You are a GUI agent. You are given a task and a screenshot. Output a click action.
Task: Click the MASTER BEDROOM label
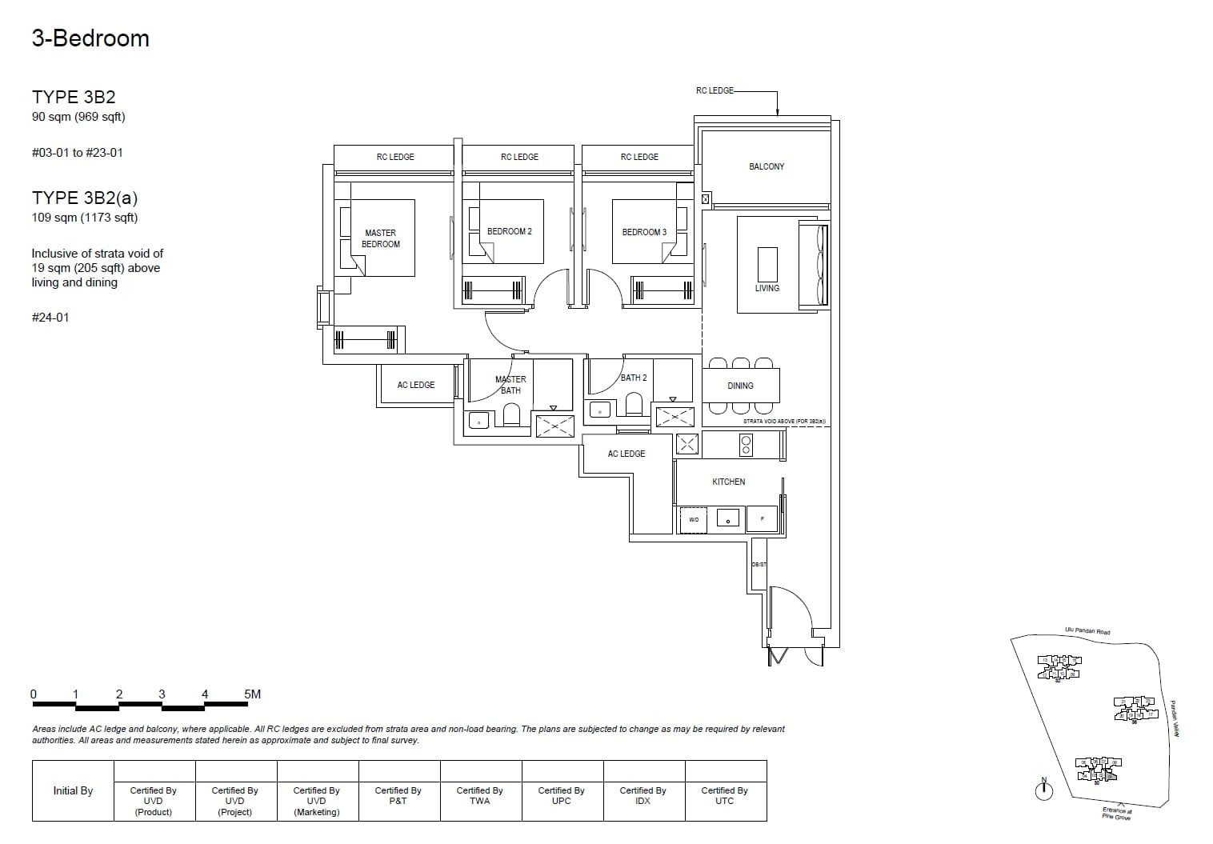(x=381, y=238)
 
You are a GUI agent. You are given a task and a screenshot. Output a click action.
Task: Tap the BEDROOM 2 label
(x=510, y=231)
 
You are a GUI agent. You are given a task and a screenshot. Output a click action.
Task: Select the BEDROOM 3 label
(x=644, y=232)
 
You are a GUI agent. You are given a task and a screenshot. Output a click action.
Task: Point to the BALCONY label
(x=767, y=166)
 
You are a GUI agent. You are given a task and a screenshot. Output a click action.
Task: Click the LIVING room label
(x=767, y=288)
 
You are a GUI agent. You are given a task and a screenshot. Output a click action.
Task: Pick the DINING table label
(x=740, y=386)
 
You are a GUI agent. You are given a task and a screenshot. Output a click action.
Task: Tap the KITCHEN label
(x=728, y=482)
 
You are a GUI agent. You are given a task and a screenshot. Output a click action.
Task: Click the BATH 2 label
(x=634, y=378)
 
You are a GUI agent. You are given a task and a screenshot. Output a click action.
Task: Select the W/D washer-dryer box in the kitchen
(x=694, y=520)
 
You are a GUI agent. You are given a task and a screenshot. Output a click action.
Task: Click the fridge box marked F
(x=762, y=519)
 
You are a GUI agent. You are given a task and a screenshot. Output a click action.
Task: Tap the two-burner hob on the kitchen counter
(x=746, y=445)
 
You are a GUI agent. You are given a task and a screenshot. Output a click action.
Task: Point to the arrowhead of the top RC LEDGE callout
(x=777, y=113)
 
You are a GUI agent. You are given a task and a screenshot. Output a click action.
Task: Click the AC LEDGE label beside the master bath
(x=416, y=385)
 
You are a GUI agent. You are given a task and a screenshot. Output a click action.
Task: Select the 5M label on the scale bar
(x=252, y=694)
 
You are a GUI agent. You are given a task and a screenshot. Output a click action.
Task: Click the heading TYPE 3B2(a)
(x=85, y=198)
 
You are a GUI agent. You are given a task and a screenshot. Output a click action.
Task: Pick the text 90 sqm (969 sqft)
(x=78, y=117)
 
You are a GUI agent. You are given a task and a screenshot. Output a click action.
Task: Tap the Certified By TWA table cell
(x=480, y=795)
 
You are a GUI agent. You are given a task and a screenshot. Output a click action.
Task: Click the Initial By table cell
(x=73, y=790)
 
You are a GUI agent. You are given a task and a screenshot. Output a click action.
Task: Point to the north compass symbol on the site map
(x=1043, y=790)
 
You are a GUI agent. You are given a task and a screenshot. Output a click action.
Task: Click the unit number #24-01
(x=50, y=318)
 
